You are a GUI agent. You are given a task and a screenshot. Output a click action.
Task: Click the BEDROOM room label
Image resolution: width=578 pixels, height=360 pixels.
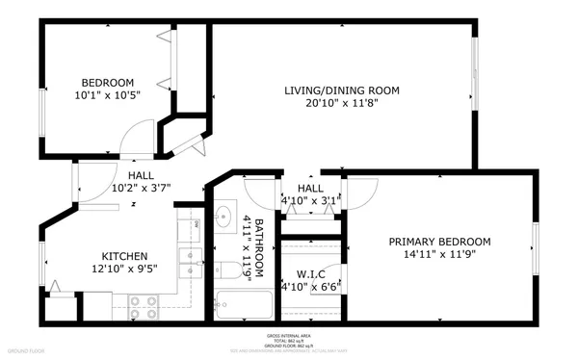coord(107,83)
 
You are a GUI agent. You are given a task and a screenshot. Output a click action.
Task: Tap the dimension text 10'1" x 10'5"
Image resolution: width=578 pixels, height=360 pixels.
coord(107,96)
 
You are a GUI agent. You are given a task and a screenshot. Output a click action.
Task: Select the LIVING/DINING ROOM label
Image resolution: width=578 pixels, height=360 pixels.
coord(341,90)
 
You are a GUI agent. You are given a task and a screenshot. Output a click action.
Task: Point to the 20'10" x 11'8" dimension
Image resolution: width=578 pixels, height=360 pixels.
coord(341,104)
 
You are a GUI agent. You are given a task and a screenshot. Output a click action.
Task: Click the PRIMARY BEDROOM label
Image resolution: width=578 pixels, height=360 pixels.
coord(439,242)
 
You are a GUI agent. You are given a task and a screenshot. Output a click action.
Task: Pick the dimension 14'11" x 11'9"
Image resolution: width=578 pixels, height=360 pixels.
coord(439,255)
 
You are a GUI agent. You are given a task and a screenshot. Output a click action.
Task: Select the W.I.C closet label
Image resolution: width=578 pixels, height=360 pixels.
coord(310,272)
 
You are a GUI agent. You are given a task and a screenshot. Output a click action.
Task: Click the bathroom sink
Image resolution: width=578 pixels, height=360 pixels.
coord(224,213)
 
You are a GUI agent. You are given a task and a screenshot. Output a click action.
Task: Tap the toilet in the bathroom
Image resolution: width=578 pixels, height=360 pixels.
coord(228,267)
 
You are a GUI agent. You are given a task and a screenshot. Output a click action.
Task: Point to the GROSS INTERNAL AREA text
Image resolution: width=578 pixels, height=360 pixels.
coord(289,336)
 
